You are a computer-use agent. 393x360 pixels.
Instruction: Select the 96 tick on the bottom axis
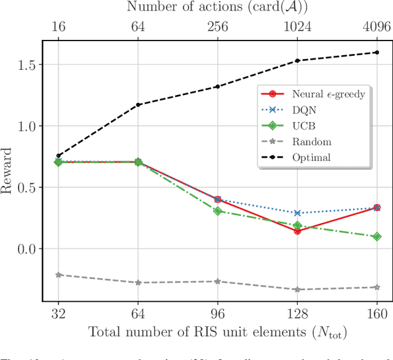217,313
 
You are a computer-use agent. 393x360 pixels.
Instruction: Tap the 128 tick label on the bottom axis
297,313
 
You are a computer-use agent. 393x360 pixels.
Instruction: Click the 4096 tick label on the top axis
376,28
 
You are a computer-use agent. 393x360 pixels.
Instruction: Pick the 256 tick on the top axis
217,28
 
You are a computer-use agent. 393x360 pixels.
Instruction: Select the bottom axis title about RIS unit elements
217,333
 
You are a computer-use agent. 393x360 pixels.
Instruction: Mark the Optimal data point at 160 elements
376,52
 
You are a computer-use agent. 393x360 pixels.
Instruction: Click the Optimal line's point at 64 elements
138,105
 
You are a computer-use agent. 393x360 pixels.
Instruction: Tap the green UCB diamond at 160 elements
376,236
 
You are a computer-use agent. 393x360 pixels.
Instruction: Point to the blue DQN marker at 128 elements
297,213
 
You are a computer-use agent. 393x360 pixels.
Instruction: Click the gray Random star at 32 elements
59,275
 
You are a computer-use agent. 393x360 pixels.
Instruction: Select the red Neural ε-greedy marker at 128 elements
297,231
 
